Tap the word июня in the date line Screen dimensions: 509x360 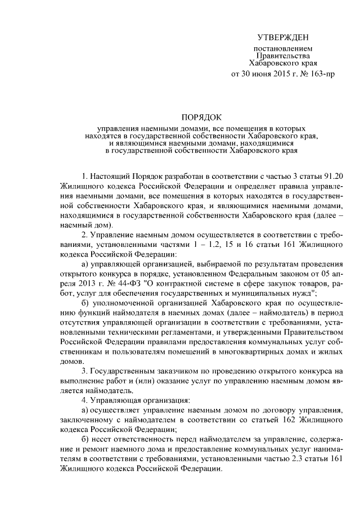coord(265,74)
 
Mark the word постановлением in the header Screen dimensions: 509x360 coord(283,49)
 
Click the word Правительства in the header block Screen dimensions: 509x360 coord(283,56)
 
